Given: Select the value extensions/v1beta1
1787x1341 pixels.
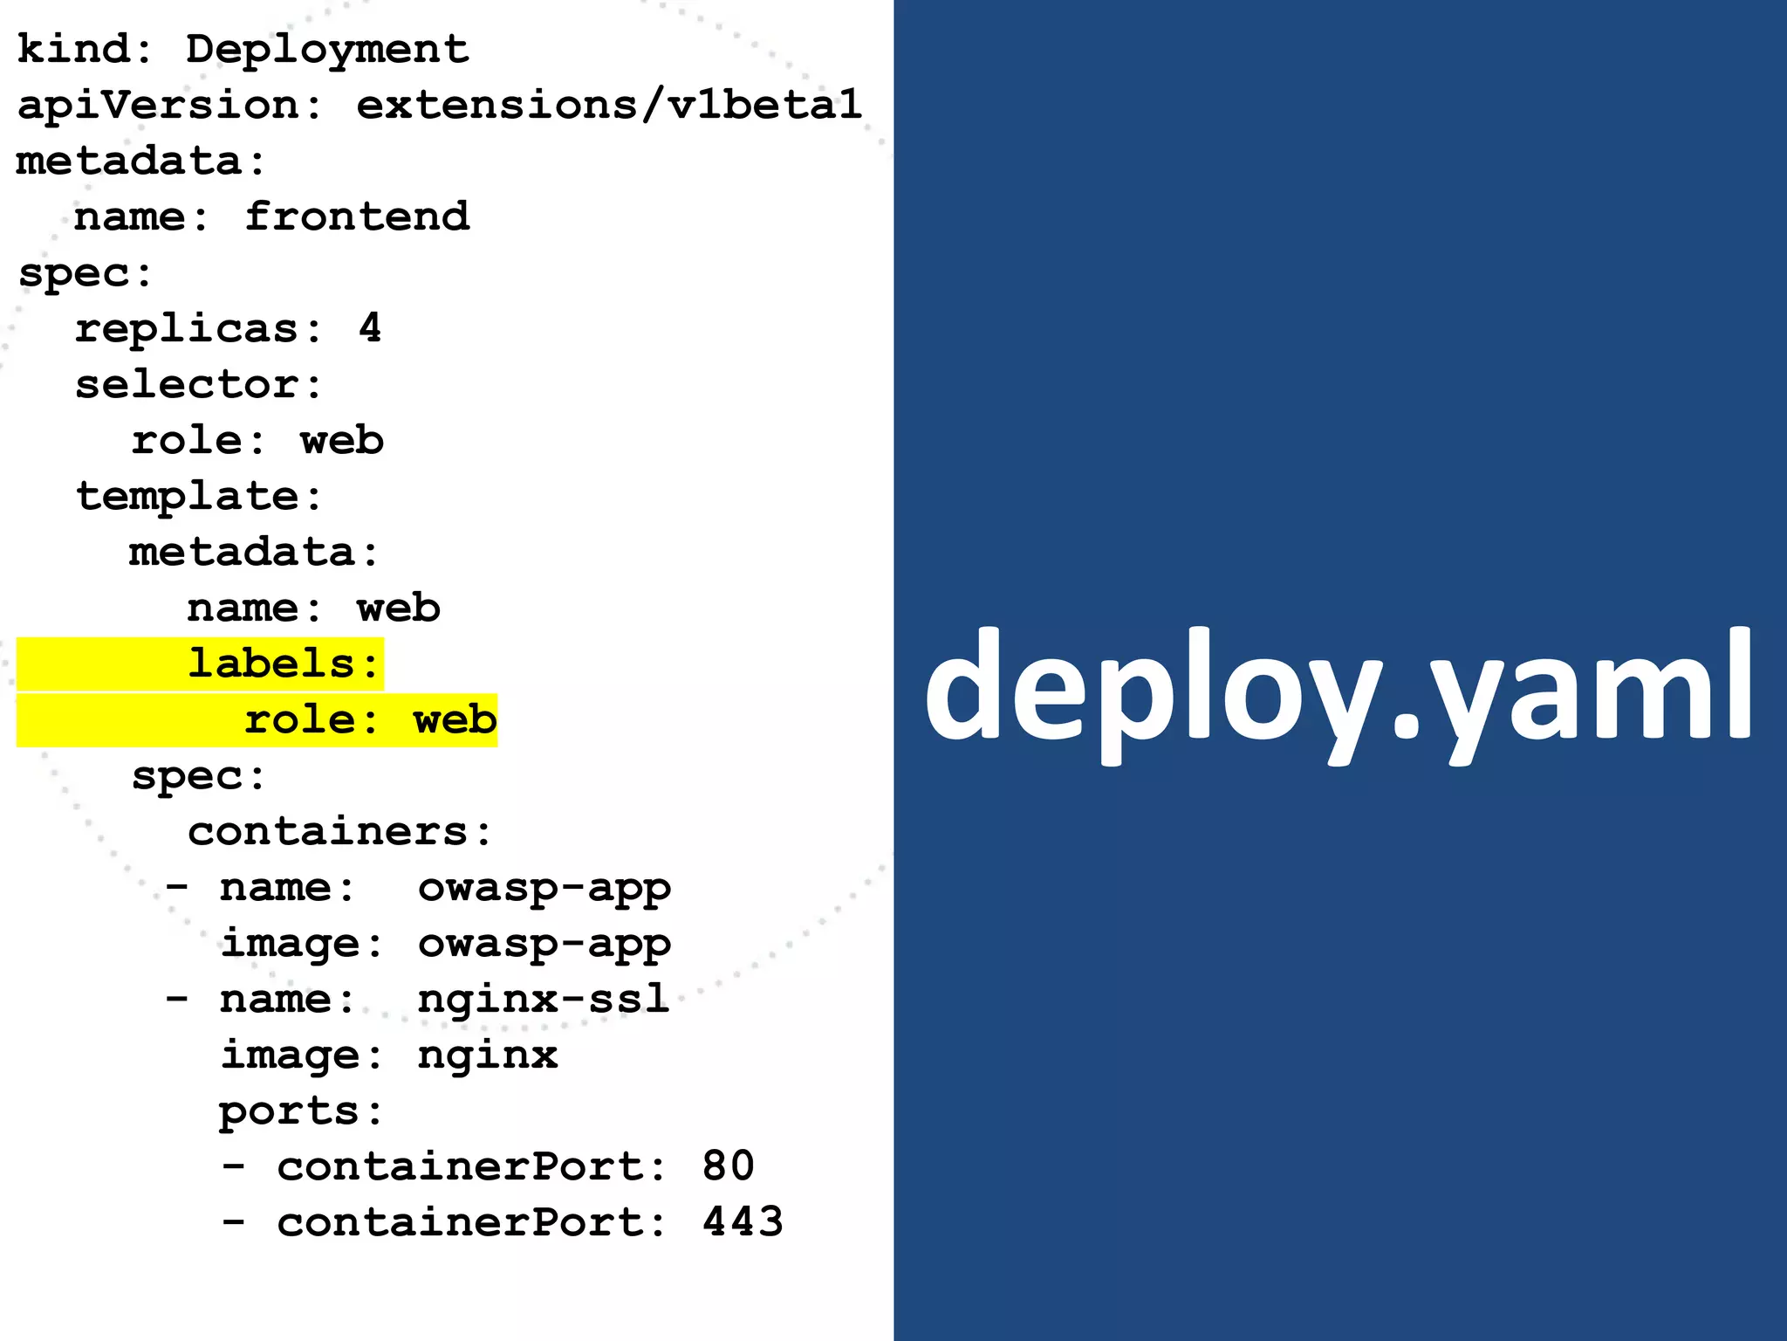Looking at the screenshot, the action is [x=608, y=106].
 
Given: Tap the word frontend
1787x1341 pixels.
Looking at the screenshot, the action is [x=357, y=217].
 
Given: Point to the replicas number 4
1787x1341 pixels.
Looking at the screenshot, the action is [x=370, y=328].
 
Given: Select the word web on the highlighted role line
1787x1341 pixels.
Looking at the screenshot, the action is [x=455, y=719].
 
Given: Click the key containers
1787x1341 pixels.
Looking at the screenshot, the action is [x=328, y=831].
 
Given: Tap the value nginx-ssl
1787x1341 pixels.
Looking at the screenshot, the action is [x=543, y=999].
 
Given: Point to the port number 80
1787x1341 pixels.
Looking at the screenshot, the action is [x=728, y=1166].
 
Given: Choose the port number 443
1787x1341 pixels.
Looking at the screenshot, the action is [x=743, y=1222].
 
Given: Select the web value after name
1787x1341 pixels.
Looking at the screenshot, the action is [x=398, y=608].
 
